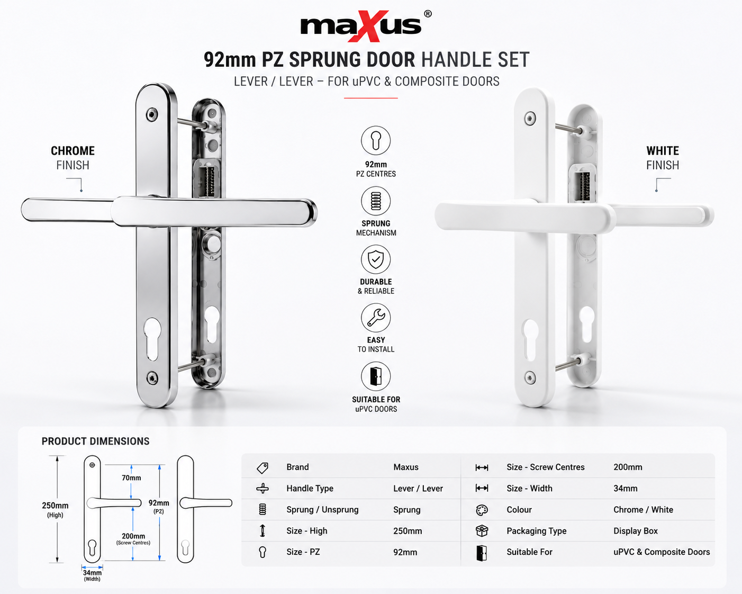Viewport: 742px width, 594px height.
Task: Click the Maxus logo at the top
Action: tap(366, 26)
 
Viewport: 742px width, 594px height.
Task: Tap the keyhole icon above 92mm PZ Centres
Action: tap(375, 140)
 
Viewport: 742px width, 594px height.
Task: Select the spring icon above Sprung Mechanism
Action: tap(375, 201)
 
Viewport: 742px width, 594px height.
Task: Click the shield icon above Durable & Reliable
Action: tap(375, 259)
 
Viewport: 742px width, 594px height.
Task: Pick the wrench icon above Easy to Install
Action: tap(375, 318)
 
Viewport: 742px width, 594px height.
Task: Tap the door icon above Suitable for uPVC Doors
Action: tap(375, 376)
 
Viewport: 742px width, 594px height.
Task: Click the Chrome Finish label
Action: tap(73, 158)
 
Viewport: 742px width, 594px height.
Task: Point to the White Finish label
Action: tap(663, 158)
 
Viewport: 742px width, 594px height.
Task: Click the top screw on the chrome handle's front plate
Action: tap(152, 114)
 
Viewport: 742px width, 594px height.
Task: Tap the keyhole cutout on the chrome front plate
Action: tap(152, 339)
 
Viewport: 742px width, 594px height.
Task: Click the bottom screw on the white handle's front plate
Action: tap(530, 377)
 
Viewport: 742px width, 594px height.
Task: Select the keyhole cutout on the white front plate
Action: tap(530, 340)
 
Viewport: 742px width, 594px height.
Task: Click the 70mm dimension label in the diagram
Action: tap(131, 478)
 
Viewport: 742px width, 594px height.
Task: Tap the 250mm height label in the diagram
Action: tap(55, 509)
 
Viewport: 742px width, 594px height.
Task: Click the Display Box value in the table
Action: tap(635, 531)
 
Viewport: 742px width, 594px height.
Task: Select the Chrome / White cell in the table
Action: tap(643, 509)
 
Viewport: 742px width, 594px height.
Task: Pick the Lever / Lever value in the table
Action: tap(418, 489)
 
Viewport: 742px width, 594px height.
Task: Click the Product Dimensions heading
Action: tap(95, 441)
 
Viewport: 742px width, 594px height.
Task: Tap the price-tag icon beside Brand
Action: tap(263, 468)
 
